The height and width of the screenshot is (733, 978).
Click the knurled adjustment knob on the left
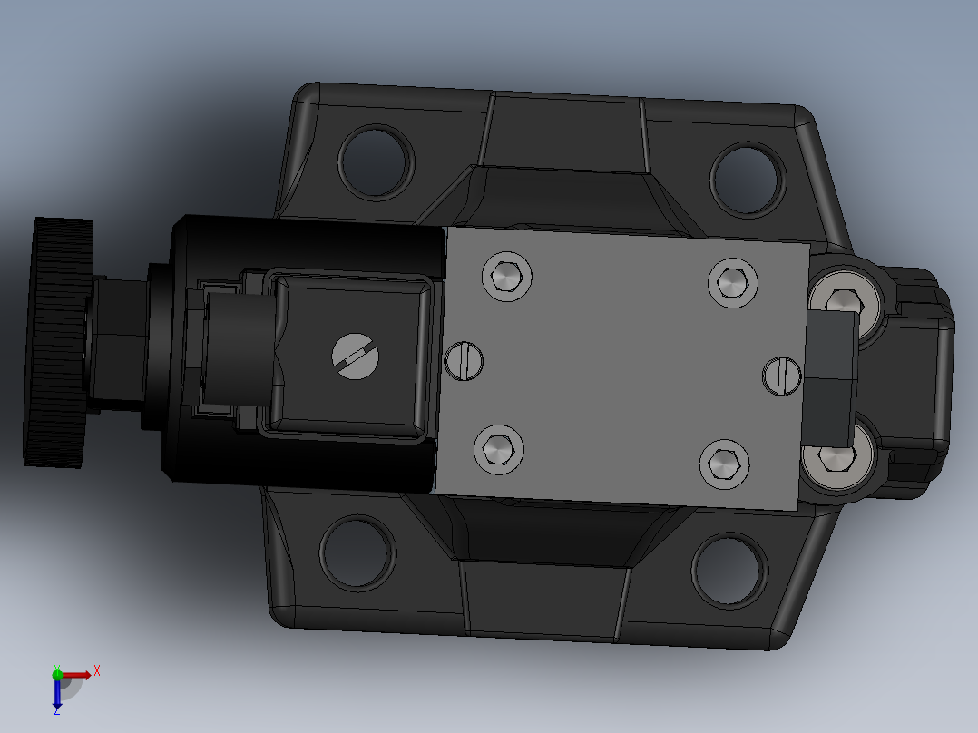click(x=60, y=343)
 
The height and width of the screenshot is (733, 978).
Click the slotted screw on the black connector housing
click(x=355, y=355)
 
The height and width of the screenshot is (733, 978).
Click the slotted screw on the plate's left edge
click(x=465, y=360)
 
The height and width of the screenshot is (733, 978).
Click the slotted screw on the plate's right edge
click(x=781, y=375)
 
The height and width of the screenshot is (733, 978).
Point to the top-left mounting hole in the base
click(x=374, y=161)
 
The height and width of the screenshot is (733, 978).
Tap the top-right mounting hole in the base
click(x=746, y=178)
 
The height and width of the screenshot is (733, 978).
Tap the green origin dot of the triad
click(x=57, y=673)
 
